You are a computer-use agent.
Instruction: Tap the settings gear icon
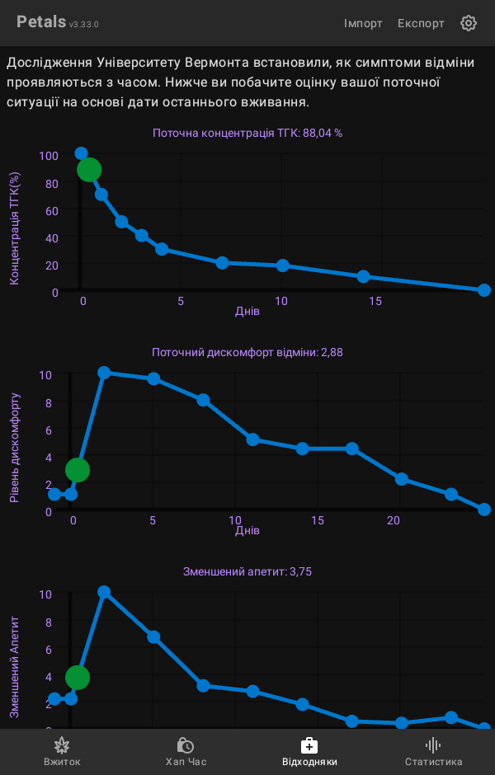click(469, 23)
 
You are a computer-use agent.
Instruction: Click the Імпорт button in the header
click(363, 23)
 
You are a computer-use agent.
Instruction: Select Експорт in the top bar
click(421, 23)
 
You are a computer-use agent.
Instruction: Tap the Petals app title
click(41, 22)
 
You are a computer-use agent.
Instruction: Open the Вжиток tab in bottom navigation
click(62, 751)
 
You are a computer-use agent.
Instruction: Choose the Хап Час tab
click(186, 751)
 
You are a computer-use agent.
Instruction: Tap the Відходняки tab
click(309, 751)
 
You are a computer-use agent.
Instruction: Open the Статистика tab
click(433, 751)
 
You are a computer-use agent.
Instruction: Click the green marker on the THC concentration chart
click(89, 170)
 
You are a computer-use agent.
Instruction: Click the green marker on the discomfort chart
click(77, 470)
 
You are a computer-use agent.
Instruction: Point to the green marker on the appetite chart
click(77, 678)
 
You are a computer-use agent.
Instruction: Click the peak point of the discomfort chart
click(104, 373)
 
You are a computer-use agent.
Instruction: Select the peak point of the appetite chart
click(104, 592)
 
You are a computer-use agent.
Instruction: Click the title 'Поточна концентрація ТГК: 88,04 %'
click(247, 133)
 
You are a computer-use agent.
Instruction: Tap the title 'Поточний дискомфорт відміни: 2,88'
click(247, 352)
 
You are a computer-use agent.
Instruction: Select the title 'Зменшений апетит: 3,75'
click(247, 571)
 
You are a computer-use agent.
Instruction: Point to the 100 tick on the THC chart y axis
click(49, 156)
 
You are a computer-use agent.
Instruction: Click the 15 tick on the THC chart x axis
click(375, 301)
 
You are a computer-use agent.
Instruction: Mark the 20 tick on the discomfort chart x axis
click(394, 520)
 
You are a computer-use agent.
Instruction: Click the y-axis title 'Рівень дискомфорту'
click(15, 448)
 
